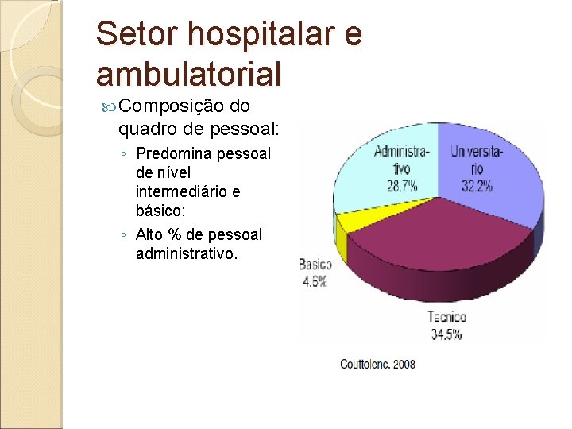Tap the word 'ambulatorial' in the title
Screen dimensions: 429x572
pos(188,74)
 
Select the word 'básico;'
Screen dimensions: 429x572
pos(161,211)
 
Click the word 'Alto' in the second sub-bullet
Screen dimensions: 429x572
pos(152,234)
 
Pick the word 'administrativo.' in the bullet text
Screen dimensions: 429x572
pos(187,253)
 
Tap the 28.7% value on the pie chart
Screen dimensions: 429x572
pos(401,187)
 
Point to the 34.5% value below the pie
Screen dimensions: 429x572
pos(446,334)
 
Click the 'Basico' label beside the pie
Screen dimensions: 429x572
pos(315,265)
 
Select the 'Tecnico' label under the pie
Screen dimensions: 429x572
pos(446,317)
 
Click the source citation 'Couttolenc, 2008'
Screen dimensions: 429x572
pos(377,364)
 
